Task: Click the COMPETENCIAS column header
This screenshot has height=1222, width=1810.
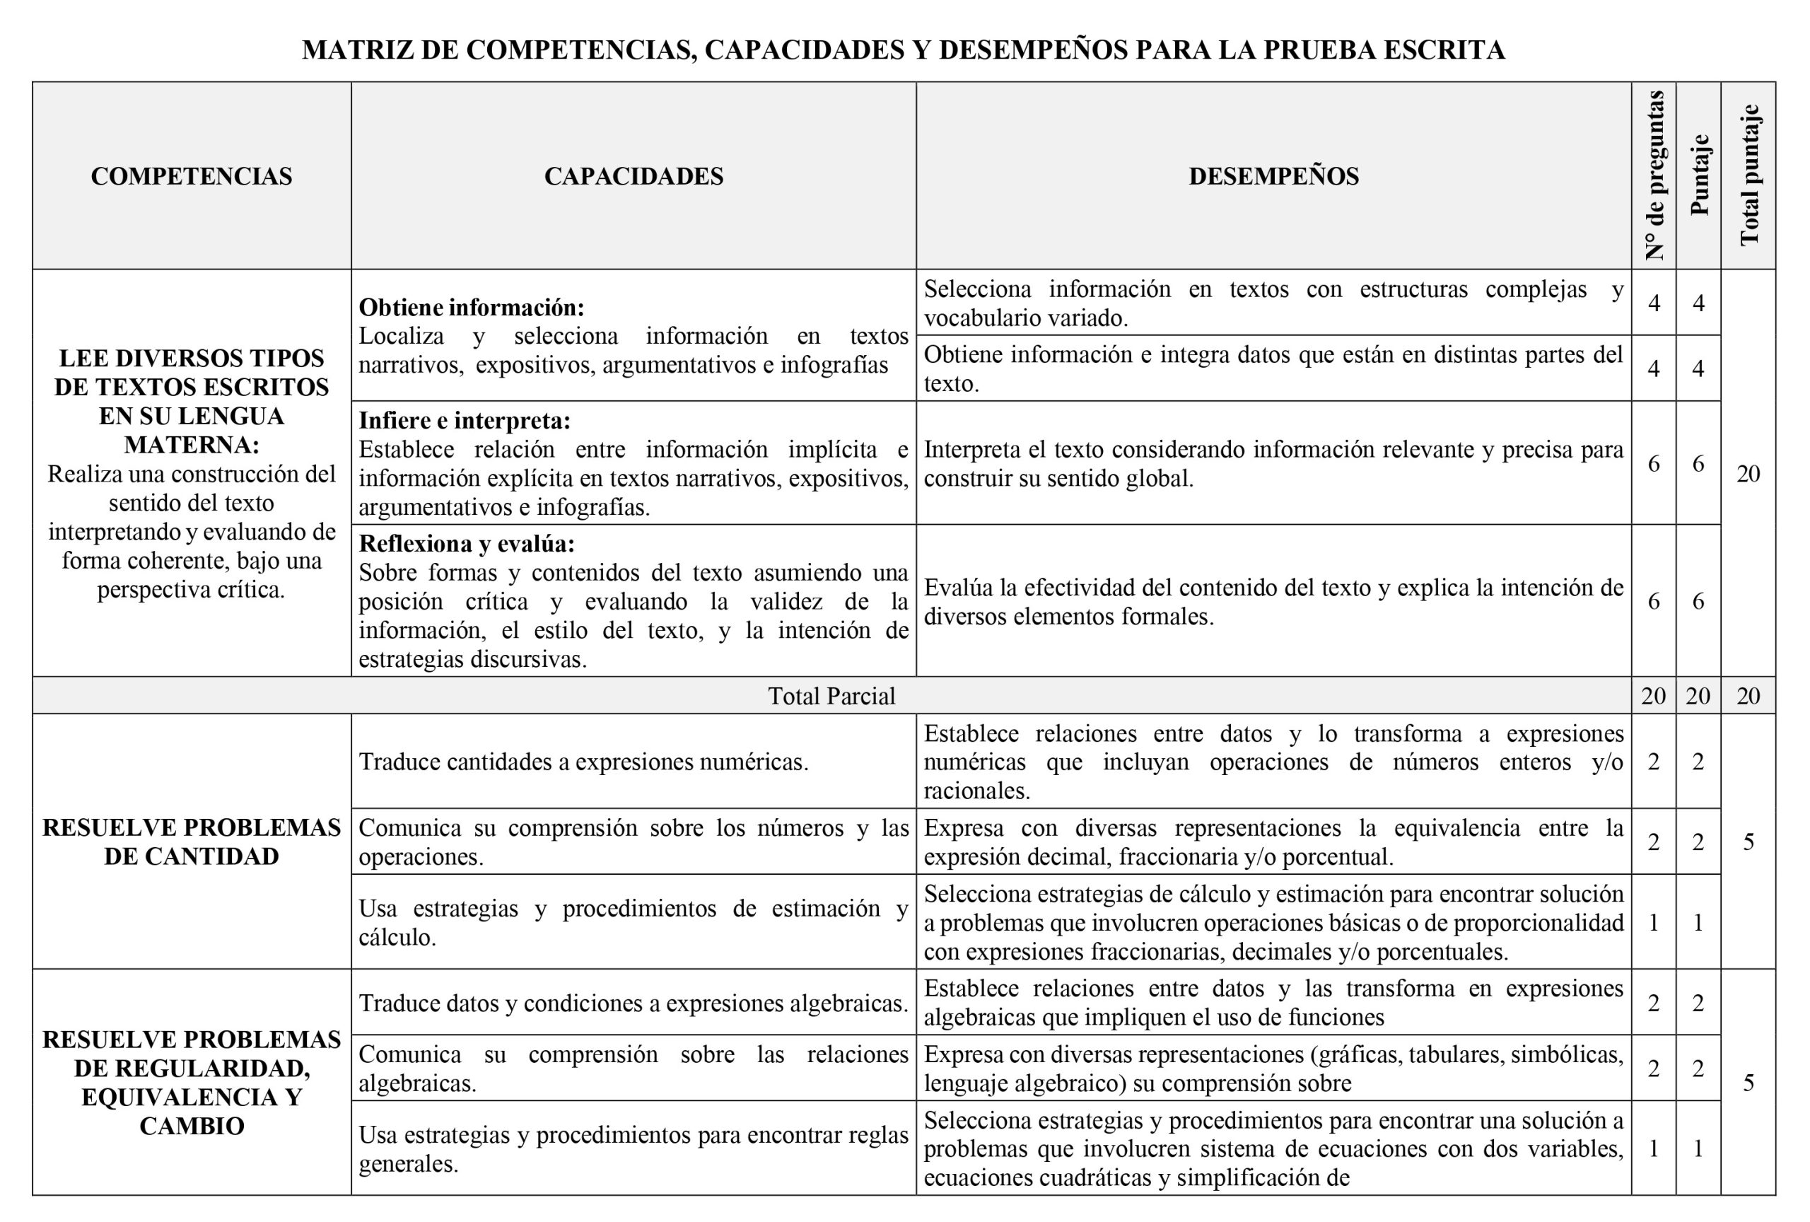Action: (192, 176)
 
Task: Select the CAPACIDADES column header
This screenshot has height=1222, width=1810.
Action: (633, 176)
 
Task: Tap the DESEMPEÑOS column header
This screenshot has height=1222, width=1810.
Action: (1273, 176)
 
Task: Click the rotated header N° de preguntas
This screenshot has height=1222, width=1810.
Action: (1654, 175)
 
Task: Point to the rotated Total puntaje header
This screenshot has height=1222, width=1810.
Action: (1749, 175)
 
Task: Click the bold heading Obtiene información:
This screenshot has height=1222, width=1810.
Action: (471, 308)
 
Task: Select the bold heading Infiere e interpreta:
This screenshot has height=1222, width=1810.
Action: (465, 421)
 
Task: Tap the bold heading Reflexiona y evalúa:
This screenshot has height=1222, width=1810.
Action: (467, 543)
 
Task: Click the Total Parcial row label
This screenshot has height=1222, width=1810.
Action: (831, 695)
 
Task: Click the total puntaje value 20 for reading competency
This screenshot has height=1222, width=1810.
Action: (1748, 474)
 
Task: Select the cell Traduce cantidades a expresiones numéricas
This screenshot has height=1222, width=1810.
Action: (583, 762)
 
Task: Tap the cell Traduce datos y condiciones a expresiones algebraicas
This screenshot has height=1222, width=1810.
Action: (633, 1003)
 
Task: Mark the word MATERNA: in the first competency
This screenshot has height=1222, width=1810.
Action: (192, 445)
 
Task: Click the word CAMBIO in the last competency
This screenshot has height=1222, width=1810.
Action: (192, 1127)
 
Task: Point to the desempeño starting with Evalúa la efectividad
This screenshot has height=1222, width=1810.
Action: (1273, 601)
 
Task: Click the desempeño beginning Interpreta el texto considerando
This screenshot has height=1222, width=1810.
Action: (1273, 463)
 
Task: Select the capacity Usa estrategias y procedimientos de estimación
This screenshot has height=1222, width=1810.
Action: (633, 922)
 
